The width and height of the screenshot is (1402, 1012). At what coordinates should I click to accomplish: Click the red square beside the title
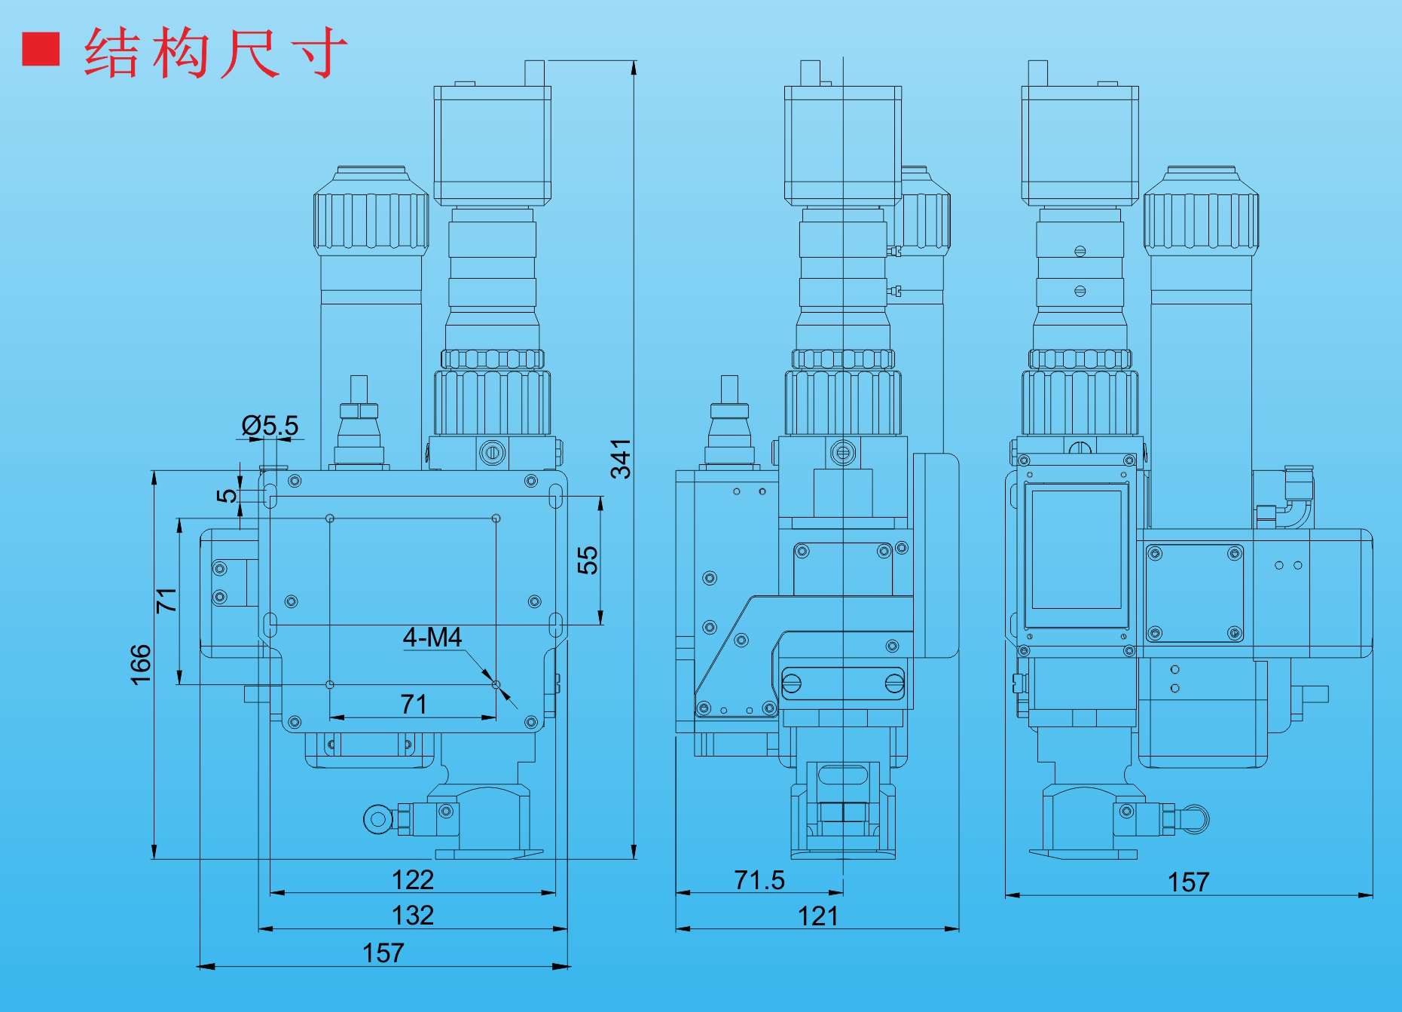tap(41, 49)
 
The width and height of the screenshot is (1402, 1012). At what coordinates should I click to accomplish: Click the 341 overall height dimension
tap(620, 459)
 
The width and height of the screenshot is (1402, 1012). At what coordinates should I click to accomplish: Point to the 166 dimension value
tap(141, 664)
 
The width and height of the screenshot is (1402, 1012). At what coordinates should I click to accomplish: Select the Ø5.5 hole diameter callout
tap(270, 426)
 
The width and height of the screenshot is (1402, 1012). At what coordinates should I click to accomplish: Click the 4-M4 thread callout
tap(432, 637)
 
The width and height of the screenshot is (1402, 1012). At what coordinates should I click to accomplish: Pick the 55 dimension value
tap(587, 560)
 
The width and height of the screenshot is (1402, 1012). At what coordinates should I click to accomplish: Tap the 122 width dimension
tap(412, 879)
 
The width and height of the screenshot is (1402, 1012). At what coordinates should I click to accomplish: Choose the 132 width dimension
tap(412, 915)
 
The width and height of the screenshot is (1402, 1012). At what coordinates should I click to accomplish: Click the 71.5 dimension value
tap(759, 879)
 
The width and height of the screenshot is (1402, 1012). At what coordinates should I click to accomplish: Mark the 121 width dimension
tap(817, 916)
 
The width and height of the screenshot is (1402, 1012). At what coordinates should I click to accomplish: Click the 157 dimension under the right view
tap(1188, 882)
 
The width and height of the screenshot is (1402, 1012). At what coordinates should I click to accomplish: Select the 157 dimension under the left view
tap(383, 952)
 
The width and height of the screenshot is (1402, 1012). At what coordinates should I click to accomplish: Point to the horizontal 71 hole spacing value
tap(413, 704)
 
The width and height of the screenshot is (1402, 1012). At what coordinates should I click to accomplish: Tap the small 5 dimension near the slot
tap(226, 495)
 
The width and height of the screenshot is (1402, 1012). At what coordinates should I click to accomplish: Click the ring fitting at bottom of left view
tap(377, 819)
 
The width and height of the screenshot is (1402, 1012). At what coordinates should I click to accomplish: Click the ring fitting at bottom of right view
tap(1195, 819)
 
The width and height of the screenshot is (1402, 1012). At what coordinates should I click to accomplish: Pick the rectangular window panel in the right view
tap(1076, 549)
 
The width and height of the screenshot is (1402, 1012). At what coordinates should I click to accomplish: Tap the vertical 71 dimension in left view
tap(166, 600)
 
